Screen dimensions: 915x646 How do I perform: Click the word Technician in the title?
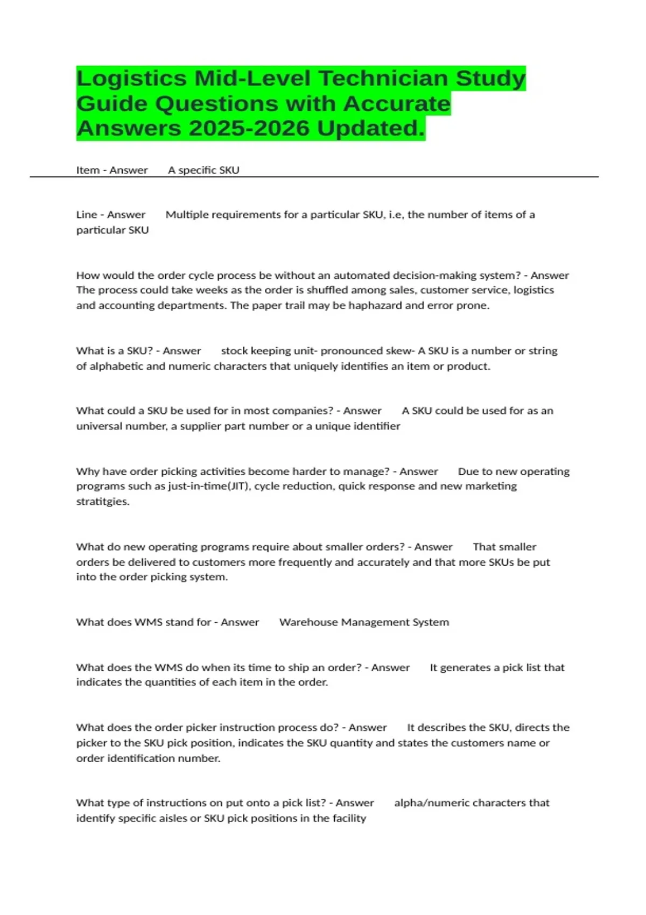(385, 79)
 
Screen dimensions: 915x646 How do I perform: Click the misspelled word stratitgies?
(103, 502)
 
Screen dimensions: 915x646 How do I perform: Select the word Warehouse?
(308, 622)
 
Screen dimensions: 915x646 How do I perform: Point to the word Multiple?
(187, 215)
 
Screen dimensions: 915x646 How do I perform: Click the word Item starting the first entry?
(88, 170)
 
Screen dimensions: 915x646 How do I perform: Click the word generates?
(465, 668)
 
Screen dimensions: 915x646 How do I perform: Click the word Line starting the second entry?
(87, 215)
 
